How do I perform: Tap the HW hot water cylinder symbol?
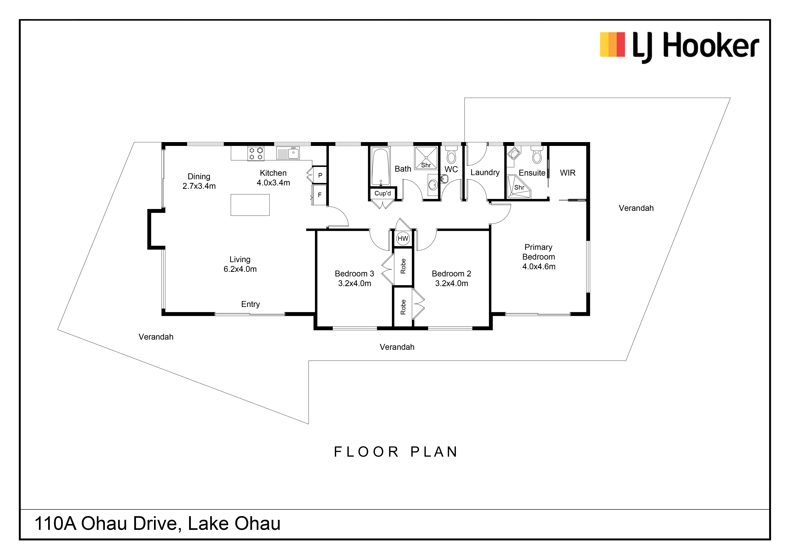pyautogui.click(x=403, y=238)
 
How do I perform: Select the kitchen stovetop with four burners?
pyautogui.click(x=256, y=153)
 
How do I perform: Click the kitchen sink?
pyautogui.click(x=288, y=153)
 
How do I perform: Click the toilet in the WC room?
pyautogui.click(x=451, y=155)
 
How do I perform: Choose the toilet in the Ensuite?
pyautogui.click(x=537, y=155)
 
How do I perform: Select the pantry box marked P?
pyautogui.click(x=320, y=175)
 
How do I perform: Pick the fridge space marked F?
pyautogui.click(x=319, y=195)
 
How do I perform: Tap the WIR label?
pyautogui.click(x=568, y=173)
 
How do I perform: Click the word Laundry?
pyautogui.click(x=485, y=173)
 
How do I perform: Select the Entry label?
pyautogui.click(x=251, y=304)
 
